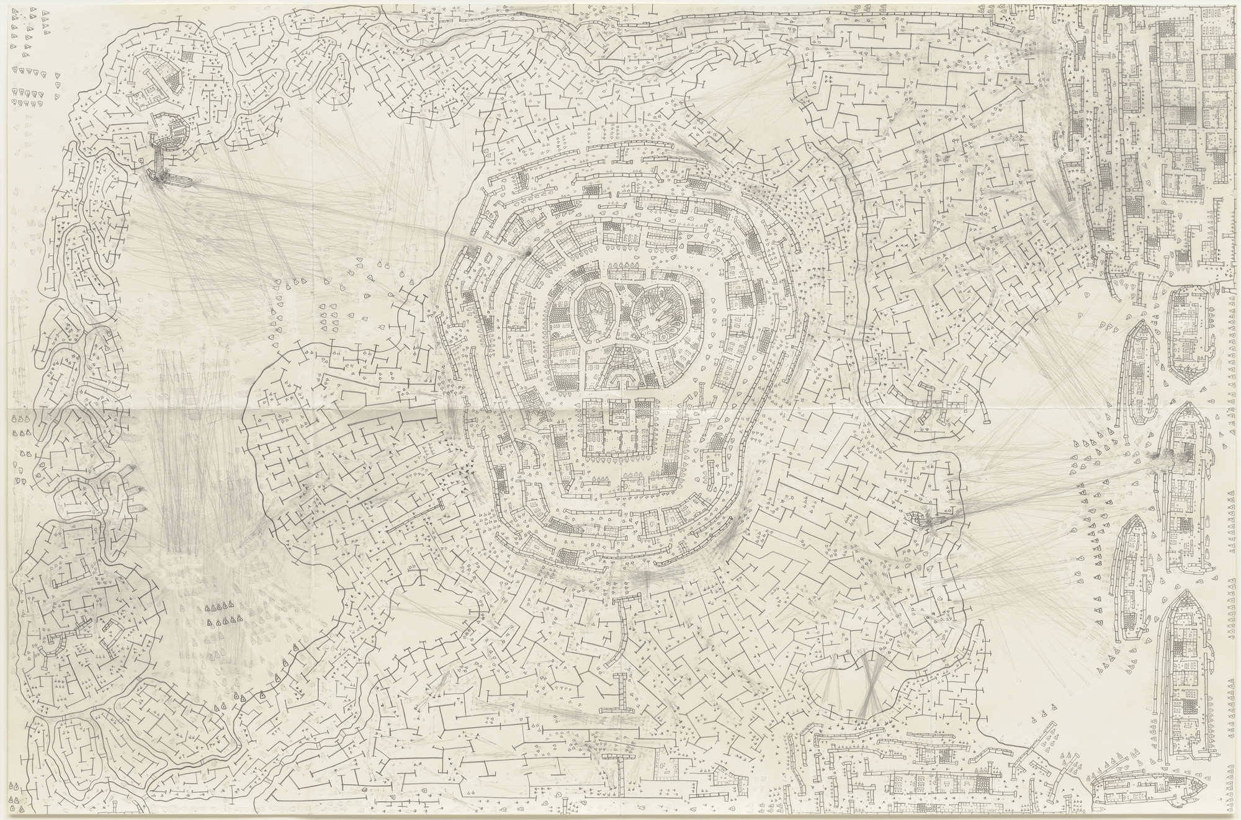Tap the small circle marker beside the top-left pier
(142, 161)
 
